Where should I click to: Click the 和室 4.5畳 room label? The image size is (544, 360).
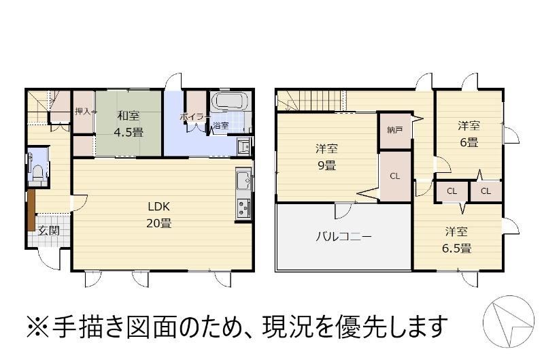pos(129,124)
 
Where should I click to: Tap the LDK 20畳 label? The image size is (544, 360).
pos(159,215)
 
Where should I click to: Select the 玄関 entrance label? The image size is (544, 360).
pos(48,231)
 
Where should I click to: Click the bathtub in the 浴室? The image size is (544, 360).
pos(231,101)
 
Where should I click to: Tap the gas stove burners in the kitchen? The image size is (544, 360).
pos(243,208)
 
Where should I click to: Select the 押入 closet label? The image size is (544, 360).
pos(82,112)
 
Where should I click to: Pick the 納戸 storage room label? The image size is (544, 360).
pos(395,131)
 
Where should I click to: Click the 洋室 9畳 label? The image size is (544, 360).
pos(326,157)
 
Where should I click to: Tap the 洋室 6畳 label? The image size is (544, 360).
pos(469,133)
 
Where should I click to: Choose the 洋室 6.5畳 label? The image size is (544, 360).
pos(456,240)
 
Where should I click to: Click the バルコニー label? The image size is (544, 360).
pos(343,237)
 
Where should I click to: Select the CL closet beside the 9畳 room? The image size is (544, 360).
pos(395,176)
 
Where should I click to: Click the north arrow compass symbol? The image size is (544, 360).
pos(509,321)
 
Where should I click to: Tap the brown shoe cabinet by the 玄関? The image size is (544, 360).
pos(31,210)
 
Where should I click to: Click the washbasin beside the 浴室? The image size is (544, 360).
pos(245,146)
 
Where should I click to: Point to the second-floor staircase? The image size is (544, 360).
pos(311,100)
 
